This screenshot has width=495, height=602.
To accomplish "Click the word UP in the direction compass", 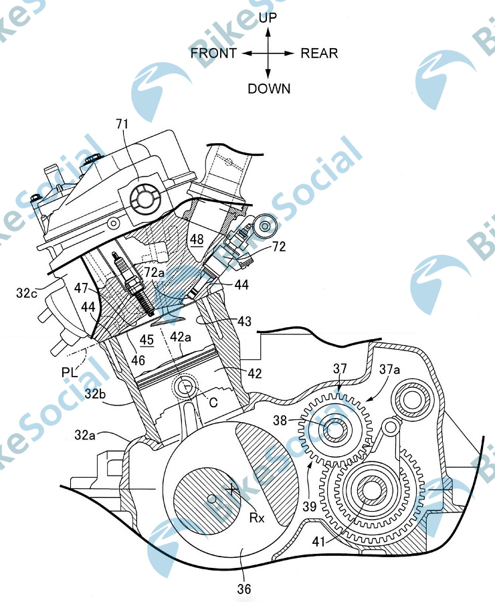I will [x=268, y=18].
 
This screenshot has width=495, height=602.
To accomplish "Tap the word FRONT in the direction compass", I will [x=213, y=54].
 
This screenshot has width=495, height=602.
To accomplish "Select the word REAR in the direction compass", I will [x=319, y=54].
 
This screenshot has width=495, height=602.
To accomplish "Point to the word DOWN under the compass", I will [x=269, y=88].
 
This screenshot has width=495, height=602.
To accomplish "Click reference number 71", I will [x=123, y=124].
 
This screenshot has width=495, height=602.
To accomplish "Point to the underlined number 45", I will [x=146, y=340].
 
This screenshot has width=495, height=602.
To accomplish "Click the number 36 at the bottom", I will [x=243, y=589].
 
